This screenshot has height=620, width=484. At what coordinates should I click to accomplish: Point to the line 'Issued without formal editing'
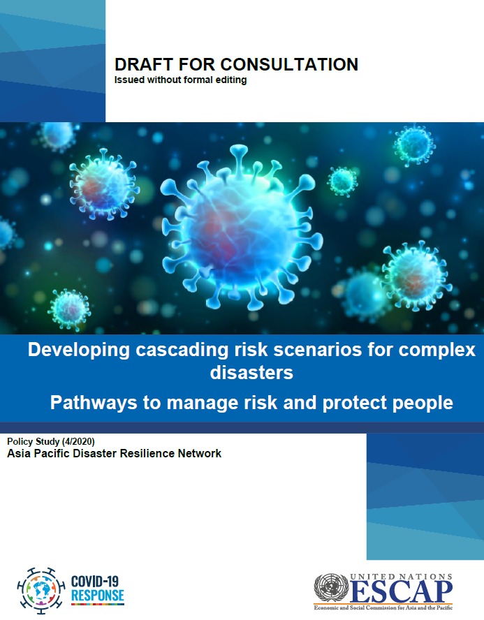[180, 80]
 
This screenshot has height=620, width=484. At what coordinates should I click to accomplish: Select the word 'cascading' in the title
[185, 350]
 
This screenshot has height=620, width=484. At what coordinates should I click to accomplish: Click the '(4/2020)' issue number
[85, 442]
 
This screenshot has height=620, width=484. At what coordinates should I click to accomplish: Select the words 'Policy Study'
[36, 442]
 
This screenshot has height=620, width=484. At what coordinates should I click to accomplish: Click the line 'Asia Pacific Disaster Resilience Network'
[114, 454]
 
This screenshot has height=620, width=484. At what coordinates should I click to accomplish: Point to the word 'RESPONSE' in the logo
[98, 596]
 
